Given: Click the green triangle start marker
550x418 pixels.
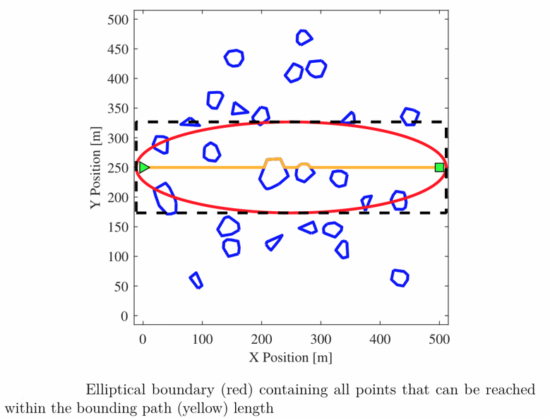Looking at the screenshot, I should click(x=144, y=167).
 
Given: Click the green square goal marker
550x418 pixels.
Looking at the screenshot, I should click(x=439, y=167).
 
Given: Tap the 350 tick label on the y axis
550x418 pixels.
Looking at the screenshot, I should click(x=117, y=109).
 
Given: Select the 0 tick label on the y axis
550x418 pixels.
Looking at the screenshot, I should click(x=124, y=316).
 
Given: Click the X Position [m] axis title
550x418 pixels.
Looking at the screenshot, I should click(x=290, y=357).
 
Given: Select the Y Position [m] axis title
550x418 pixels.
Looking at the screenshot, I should click(x=95, y=168).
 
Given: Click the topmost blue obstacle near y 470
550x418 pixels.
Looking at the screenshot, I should click(x=304, y=38).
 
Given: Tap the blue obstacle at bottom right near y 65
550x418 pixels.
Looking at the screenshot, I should click(x=400, y=277).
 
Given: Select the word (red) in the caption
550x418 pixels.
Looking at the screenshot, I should click(x=237, y=390).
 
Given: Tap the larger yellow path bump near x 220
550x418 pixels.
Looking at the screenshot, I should click(x=274, y=162).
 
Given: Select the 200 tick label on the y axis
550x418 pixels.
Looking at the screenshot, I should click(x=117, y=198).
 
